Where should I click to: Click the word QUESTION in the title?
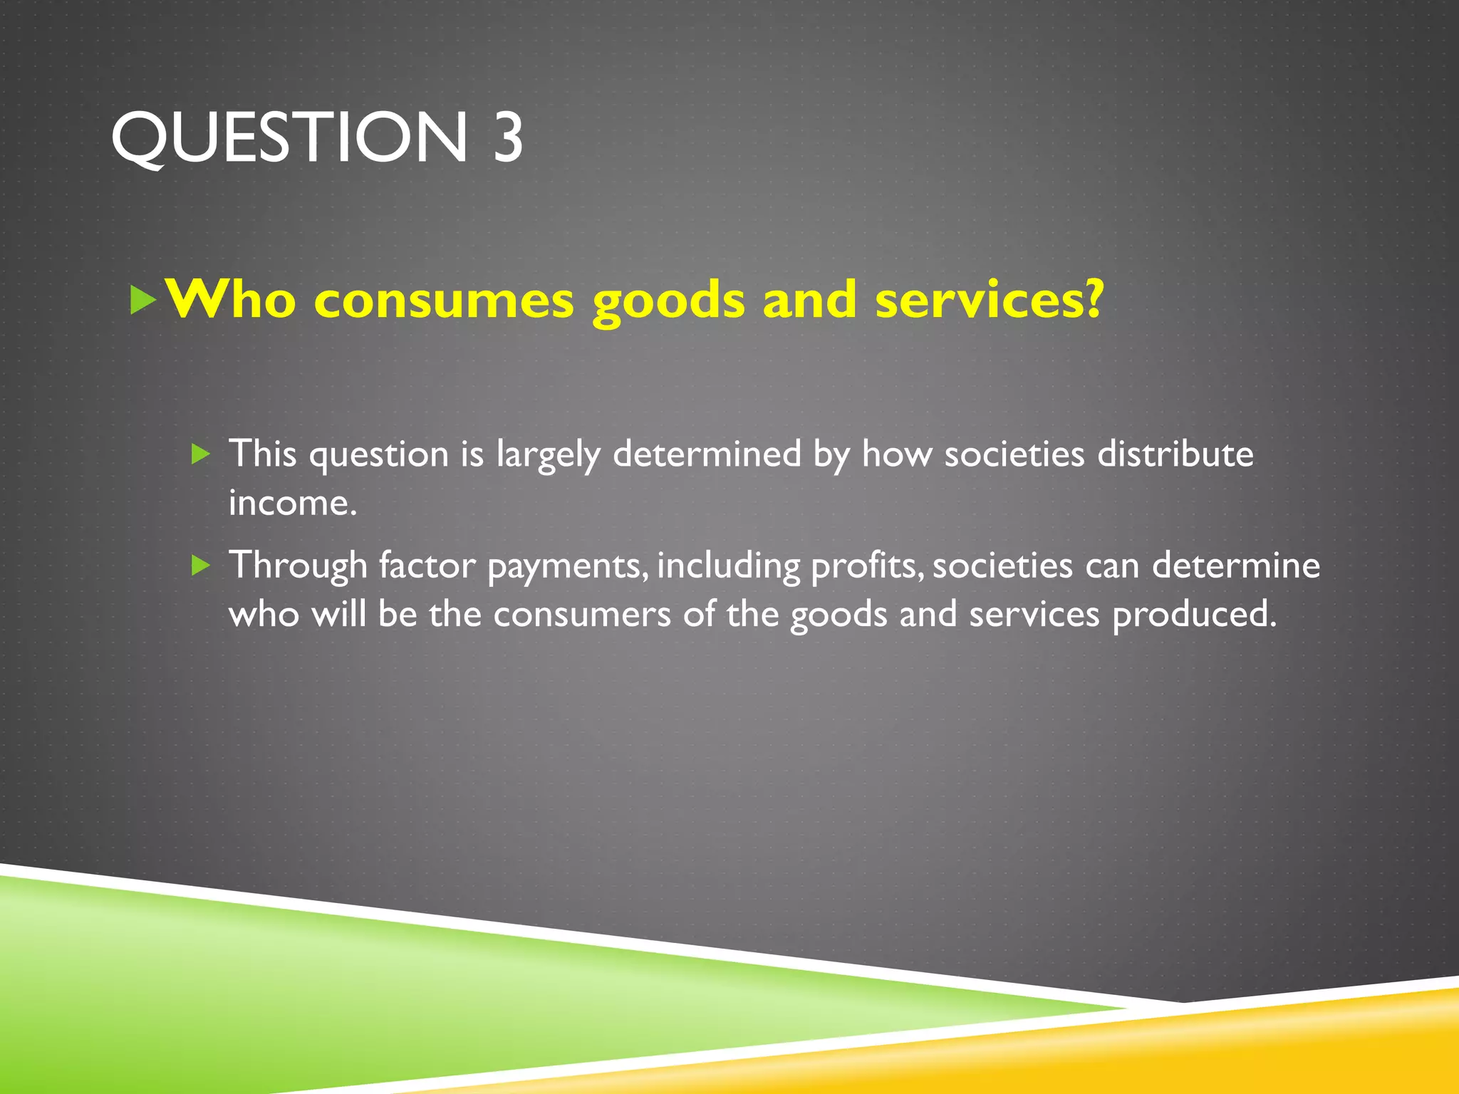289,137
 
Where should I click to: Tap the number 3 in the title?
508,137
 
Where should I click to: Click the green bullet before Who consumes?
143,300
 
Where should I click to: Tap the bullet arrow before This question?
202,454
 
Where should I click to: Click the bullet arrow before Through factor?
202,566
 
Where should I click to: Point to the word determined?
707,454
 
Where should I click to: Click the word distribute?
1175,454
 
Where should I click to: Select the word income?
292,503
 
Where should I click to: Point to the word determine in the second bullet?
1236,566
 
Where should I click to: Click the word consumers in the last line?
582,615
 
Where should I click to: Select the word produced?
1194,615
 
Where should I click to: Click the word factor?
427,566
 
